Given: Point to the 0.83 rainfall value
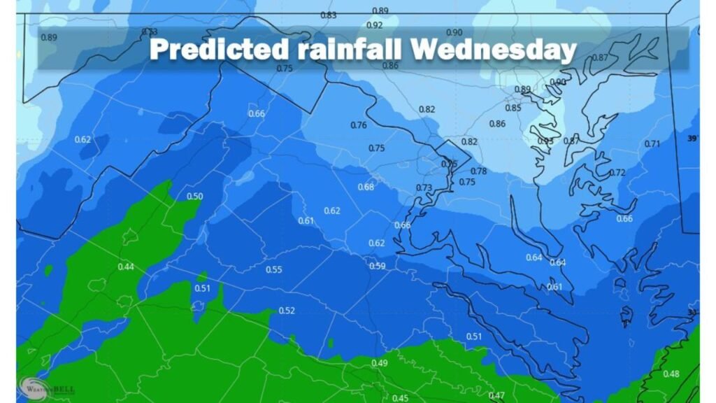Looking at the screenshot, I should pos(329,15).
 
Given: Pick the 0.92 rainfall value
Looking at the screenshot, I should pos(375,25).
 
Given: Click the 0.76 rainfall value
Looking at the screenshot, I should pos(358,125).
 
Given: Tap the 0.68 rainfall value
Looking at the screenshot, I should pos(366,187).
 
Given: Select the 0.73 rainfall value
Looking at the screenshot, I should pos(424,188).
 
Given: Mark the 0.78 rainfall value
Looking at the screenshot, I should pos(478,171).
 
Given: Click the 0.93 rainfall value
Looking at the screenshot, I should pos(546,141).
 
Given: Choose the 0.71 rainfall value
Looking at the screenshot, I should pos(652,144).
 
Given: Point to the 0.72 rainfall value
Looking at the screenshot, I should pos(617,173).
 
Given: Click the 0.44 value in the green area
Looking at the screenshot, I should pos(126,267).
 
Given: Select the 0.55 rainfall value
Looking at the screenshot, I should pos(274,270).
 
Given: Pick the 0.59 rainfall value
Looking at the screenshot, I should pos(377,266).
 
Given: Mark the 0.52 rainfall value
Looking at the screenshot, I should pos(287,311).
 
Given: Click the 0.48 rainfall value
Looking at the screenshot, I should pos(671,374).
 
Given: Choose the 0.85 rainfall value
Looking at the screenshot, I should pos(513,108).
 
